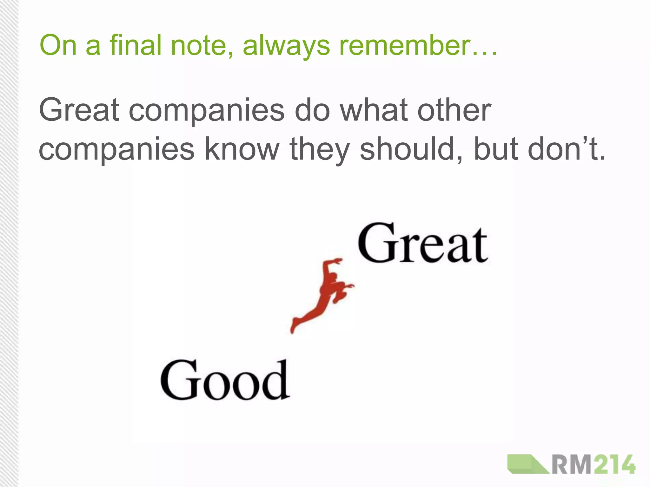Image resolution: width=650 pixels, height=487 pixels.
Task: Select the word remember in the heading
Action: tap(404, 45)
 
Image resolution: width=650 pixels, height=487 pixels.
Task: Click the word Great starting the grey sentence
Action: tap(79, 110)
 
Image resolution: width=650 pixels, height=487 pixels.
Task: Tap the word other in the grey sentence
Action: tap(454, 110)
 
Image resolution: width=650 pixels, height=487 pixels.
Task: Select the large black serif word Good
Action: tap(225, 380)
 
